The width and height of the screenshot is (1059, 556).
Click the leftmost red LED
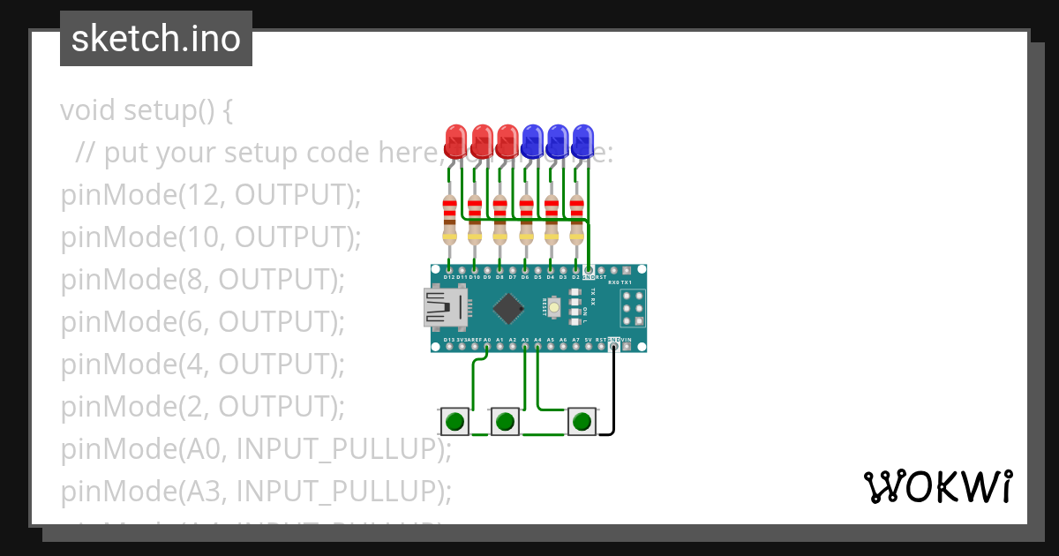pos(455,139)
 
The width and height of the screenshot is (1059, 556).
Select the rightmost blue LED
pos(583,139)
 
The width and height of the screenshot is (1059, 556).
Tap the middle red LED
pos(482,139)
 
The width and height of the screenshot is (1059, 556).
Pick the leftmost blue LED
pos(532,139)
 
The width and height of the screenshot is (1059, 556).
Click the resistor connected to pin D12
pos(449,220)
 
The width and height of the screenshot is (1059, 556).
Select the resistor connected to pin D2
pos(577,220)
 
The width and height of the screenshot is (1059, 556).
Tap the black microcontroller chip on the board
pos(507,308)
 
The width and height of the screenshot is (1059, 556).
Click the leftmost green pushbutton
pos(455,422)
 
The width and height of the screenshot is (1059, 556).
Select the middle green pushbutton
pos(505,422)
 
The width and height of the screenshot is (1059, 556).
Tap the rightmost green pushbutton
pos(581,422)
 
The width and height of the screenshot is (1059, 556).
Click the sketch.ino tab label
pos(156,39)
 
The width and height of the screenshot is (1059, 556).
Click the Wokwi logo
pos(937,486)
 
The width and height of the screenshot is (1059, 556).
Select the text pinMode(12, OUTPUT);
pos(211,195)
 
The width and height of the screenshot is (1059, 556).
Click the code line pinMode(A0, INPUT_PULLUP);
pos(256,448)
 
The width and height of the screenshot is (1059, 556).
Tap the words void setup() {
pos(146,111)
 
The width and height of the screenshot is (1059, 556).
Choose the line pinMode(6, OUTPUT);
pos(202,321)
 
